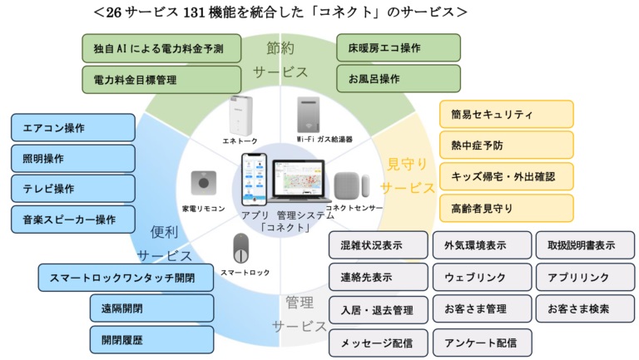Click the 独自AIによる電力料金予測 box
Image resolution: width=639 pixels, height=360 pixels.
pyautogui.click(x=161, y=47)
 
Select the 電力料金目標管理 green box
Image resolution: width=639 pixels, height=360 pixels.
pyautogui.click(x=161, y=79)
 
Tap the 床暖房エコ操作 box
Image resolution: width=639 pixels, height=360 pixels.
pyautogui.click(x=398, y=47)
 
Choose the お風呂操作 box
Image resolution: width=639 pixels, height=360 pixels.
pyautogui.click(x=398, y=79)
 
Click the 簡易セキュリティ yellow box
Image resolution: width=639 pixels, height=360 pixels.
pyautogui.click(x=506, y=114)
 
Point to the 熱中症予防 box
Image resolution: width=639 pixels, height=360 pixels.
pyautogui.click(x=506, y=145)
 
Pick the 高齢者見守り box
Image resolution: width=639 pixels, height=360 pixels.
pyautogui.click(x=506, y=208)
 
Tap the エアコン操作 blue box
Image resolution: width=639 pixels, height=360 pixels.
pyautogui.click(x=72, y=128)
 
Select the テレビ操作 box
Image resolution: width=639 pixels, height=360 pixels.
pyautogui.click(x=72, y=189)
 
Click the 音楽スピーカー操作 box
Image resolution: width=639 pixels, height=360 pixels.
pyautogui.click(x=72, y=219)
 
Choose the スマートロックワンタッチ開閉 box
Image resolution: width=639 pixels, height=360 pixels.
pyautogui.click(x=126, y=278)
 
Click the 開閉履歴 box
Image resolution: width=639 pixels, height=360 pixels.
pyautogui.click(x=151, y=339)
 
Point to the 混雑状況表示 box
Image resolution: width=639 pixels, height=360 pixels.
pyautogui.click(x=378, y=245)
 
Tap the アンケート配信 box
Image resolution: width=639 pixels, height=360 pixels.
pyautogui.click(x=482, y=342)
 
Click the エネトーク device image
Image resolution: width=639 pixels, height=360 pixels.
pyautogui.click(x=241, y=116)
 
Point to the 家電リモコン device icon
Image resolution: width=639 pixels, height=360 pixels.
pyautogui.click(x=203, y=182)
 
